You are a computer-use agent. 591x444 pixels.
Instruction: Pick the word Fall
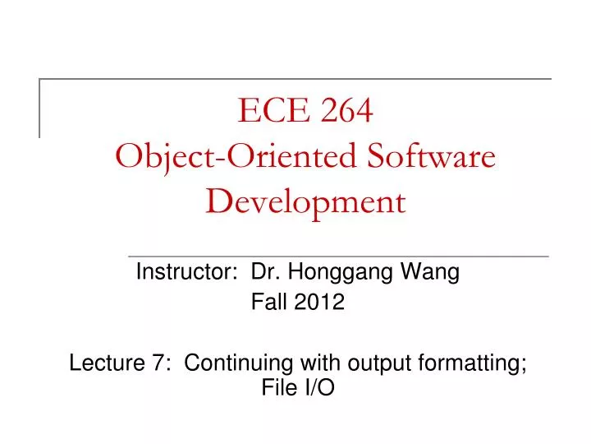[x=267, y=303]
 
